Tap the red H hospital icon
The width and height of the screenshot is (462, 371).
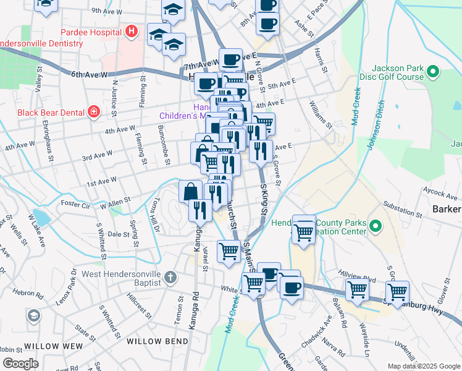(x=130, y=31)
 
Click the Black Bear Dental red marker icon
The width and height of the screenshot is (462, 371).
(x=93, y=111)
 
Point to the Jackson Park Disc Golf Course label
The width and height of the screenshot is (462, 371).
(x=398, y=72)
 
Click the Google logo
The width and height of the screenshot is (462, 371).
(x=20, y=364)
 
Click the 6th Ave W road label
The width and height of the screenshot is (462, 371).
(x=90, y=74)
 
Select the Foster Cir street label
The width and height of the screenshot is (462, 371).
(x=77, y=203)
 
